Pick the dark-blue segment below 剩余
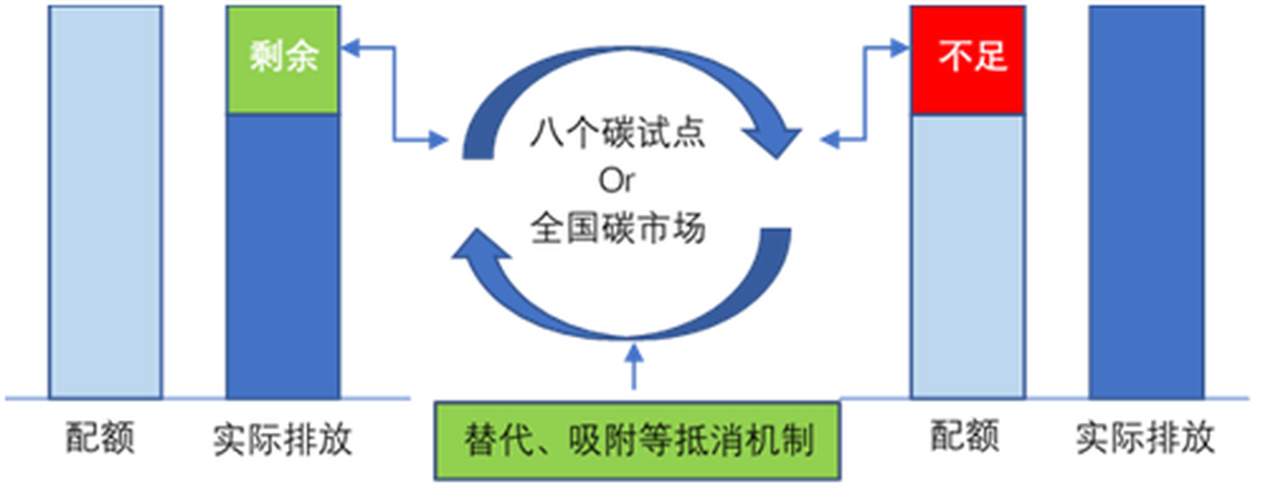(282, 255)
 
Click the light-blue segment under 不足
(967, 255)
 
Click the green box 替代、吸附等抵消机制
(637, 442)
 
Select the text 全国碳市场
(617, 227)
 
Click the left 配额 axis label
(100, 439)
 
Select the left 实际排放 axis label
(282, 439)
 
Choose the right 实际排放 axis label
(1145, 438)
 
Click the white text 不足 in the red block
(972, 57)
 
